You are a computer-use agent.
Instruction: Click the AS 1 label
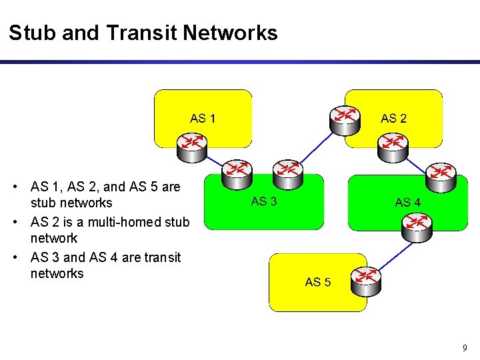pos(203,119)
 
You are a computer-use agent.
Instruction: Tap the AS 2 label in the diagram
pos(393,119)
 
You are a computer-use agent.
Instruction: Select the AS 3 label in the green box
pos(264,201)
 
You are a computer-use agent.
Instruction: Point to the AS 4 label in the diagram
pos(407,202)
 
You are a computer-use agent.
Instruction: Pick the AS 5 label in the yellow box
pos(318,282)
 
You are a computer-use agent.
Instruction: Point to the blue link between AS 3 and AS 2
pos(317,145)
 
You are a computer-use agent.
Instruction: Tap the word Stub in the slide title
pos(32,33)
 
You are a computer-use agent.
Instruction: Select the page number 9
pos(465,347)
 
